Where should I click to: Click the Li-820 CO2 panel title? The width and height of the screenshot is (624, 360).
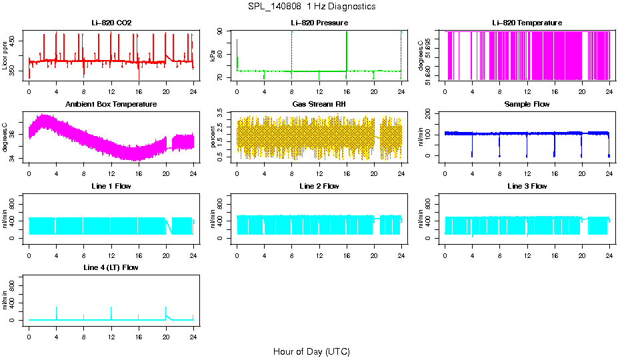pos(111,23)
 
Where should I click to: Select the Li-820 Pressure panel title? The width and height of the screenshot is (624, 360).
pos(319,23)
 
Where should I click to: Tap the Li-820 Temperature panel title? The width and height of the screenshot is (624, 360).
pos(527,23)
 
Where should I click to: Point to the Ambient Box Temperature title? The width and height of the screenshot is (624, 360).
pos(111,105)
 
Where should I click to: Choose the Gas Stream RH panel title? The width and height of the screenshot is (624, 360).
pos(319,105)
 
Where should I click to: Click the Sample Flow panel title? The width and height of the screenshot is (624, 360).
pos(527,105)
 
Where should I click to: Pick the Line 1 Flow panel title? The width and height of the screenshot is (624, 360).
pos(111,186)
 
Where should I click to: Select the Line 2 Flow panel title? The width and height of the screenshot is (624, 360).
pos(319,186)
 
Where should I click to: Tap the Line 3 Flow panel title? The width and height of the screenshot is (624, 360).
pos(527,186)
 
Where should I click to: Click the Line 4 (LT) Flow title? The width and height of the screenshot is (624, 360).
pos(111,267)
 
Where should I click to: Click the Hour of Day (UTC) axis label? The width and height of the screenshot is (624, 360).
pos(311,351)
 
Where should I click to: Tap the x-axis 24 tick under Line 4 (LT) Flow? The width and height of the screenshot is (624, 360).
pos(193,331)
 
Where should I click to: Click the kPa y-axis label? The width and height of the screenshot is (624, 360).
pos(213,56)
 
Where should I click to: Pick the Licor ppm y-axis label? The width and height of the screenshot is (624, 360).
pos(5,56)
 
